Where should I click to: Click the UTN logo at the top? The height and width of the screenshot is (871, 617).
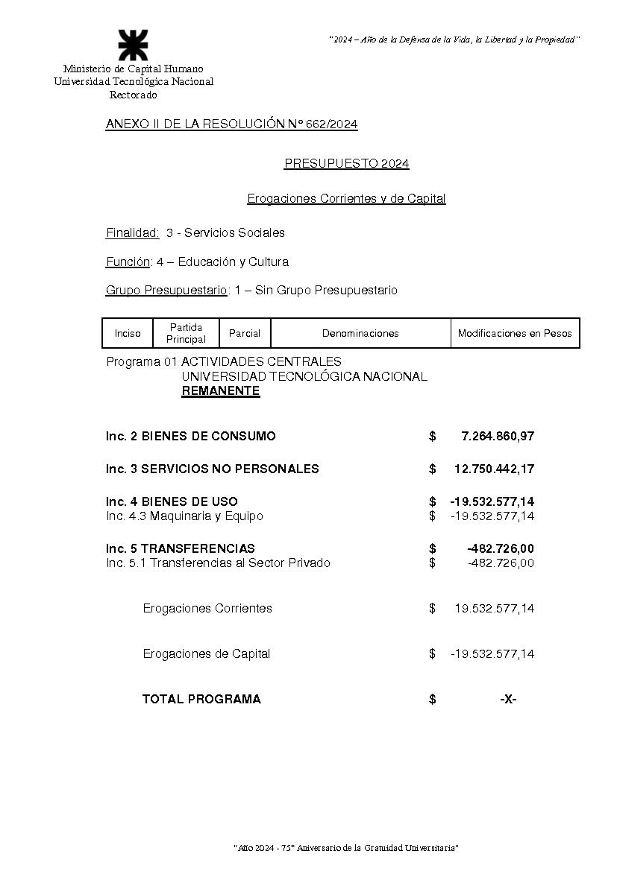tap(133, 45)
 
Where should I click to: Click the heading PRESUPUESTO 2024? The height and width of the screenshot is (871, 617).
tap(346, 164)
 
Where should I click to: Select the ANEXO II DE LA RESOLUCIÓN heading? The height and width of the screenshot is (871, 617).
tap(231, 124)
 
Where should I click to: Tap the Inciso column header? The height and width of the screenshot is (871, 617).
tap(128, 333)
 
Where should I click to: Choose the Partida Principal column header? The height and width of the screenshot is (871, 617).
tap(186, 333)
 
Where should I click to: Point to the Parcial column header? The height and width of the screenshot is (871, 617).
tap(245, 333)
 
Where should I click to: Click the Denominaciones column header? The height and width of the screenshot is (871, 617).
tap(360, 333)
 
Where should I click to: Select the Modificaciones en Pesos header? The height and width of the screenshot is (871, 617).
tap(515, 333)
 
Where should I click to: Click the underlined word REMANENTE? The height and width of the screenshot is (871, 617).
tap(220, 391)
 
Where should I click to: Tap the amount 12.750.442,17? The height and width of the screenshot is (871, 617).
tap(494, 469)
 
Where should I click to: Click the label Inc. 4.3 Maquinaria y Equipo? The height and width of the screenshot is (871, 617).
tap(184, 516)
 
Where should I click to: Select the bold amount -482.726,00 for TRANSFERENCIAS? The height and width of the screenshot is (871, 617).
tap(500, 548)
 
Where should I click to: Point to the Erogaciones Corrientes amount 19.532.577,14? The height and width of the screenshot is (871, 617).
tap(494, 608)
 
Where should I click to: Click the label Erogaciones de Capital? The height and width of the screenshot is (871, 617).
tap(206, 653)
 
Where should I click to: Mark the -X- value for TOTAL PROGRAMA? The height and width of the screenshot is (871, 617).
tap(508, 699)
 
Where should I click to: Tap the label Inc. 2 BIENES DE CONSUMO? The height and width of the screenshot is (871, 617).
tap(190, 436)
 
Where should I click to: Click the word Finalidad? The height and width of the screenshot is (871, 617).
tap(133, 232)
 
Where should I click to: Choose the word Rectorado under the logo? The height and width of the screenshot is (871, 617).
tap(133, 95)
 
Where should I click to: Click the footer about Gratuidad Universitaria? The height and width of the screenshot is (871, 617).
tap(346, 848)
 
